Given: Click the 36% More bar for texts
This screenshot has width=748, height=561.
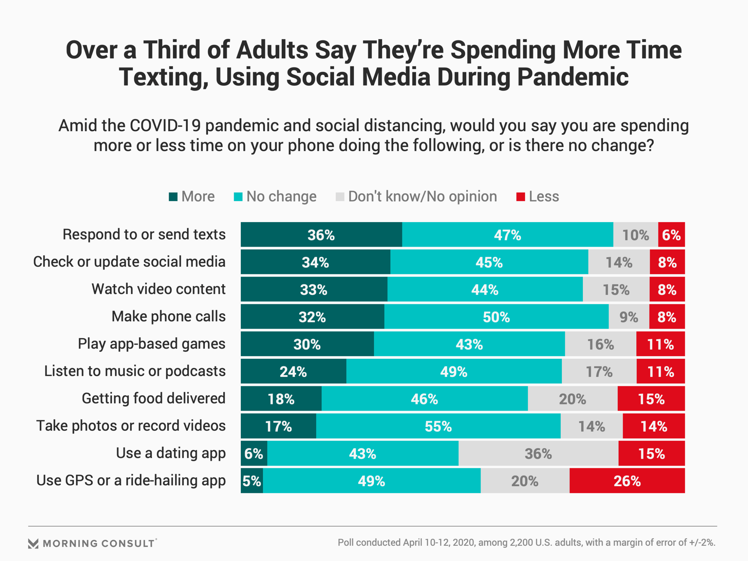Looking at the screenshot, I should [x=321, y=235].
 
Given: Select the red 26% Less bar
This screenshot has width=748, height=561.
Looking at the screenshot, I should [x=627, y=481].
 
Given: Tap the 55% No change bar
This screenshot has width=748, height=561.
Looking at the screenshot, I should [x=438, y=426].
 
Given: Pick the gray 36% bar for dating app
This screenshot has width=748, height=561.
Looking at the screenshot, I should [x=538, y=453].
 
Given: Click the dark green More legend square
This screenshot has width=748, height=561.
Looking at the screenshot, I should [x=173, y=197].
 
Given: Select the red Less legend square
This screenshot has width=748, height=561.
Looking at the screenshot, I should [x=520, y=197].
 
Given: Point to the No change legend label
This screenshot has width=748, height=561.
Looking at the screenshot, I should [x=281, y=197].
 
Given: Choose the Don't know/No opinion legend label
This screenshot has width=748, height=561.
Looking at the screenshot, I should [x=422, y=197].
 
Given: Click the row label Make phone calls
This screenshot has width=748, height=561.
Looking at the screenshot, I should [x=168, y=316].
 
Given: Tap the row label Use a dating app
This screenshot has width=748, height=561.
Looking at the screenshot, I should [x=171, y=453].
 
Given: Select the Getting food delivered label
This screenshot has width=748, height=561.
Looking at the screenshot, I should [x=153, y=399].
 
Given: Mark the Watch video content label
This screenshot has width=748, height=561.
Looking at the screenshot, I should [x=158, y=289].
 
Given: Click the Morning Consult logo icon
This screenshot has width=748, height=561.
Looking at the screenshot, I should [x=34, y=543].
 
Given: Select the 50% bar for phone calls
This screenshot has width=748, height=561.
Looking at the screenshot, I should [x=496, y=317].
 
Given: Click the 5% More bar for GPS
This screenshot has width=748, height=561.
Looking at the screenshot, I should [x=252, y=481].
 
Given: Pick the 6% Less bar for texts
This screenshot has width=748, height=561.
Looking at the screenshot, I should [x=671, y=235].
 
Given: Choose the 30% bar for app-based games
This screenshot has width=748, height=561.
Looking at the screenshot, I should [x=307, y=344].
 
